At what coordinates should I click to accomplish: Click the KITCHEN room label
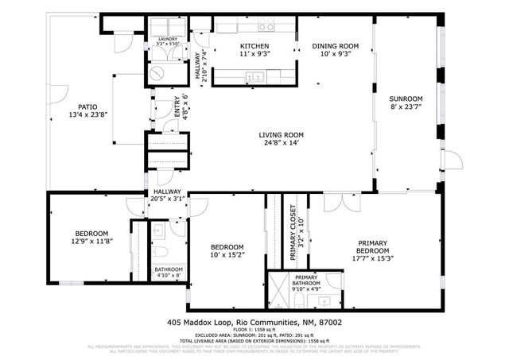pos(254,46)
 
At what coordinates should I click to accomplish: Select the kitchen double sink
pos(255,77)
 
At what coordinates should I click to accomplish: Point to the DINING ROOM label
pos(335,46)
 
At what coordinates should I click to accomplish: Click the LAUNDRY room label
pos(167,38)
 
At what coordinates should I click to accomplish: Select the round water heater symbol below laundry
pos(157,72)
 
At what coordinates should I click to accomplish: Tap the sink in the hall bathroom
pos(157,230)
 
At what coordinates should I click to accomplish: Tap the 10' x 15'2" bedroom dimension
pos(227,256)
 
